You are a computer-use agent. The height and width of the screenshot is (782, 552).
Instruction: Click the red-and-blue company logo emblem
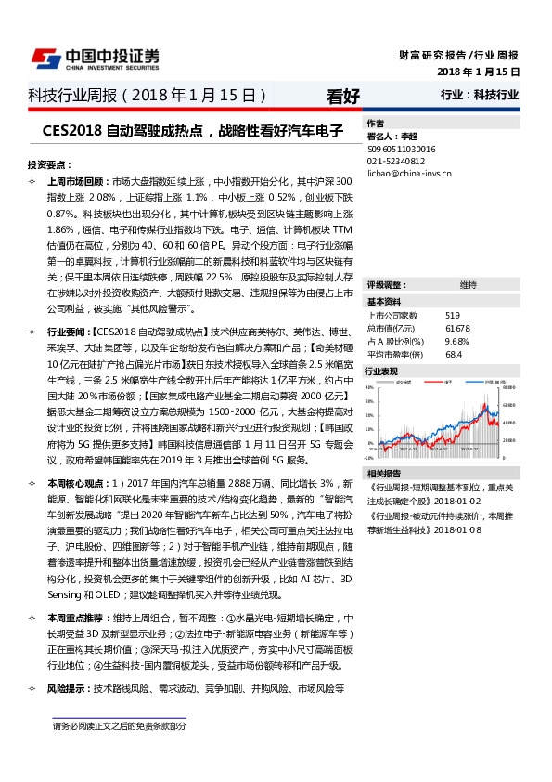[45, 58]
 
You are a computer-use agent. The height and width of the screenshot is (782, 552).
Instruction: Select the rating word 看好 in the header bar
[343, 96]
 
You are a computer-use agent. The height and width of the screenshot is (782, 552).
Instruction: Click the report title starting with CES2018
[193, 131]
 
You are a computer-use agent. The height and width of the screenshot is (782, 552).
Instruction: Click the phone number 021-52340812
[396, 160]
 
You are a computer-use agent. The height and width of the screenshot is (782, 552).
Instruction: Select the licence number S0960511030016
[402, 148]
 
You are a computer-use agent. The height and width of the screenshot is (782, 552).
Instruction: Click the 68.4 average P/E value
[453, 354]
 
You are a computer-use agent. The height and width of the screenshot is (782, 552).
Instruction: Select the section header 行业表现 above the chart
[384, 371]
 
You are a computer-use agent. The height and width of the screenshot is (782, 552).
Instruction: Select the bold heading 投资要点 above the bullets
[49, 163]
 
